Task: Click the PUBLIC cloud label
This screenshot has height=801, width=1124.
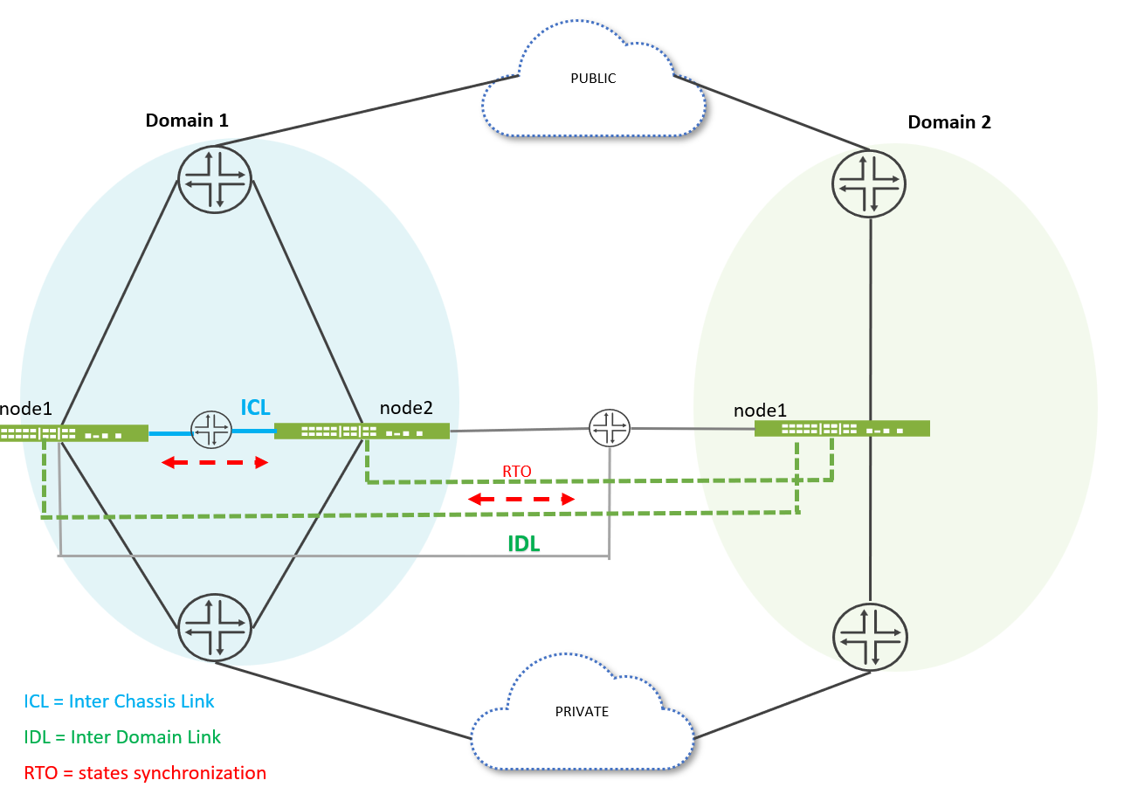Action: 593,79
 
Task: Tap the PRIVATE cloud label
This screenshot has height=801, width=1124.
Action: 582,712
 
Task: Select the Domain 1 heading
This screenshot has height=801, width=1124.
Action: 187,121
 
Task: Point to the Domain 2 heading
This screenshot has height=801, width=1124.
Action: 949,122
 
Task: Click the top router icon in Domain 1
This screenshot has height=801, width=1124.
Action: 215,179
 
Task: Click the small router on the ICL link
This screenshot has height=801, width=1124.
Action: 212,430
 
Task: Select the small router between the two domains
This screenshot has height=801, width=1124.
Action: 609,428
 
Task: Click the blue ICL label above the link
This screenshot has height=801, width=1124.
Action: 255,407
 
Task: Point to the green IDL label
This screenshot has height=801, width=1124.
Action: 524,543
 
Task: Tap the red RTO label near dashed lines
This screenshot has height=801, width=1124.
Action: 516,471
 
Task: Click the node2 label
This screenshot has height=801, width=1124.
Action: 406,407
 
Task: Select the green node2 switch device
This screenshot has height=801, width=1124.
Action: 362,431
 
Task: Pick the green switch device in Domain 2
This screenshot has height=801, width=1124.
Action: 842,428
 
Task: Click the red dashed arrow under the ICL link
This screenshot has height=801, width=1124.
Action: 215,463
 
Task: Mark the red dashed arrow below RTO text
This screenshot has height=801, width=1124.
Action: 521,499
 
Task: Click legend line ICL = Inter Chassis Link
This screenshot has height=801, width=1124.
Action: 119,701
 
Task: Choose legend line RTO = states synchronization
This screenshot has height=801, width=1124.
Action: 145,772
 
